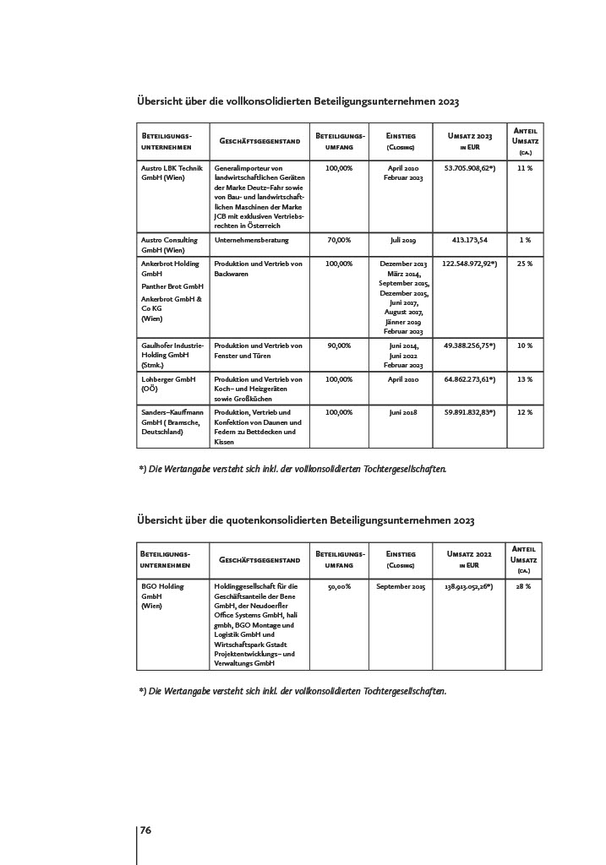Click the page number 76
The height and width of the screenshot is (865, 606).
[x=145, y=830]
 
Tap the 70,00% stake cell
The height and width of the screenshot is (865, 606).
[x=339, y=240]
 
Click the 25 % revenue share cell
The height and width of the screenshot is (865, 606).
[x=525, y=264]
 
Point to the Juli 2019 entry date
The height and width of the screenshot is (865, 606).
[x=403, y=240]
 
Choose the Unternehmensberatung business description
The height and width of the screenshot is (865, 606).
[x=252, y=240]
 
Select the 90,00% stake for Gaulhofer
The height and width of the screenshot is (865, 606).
[x=339, y=345]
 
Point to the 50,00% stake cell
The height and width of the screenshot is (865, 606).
[x=339, y=585]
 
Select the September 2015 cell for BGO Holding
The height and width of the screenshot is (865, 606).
[x=401, y=585]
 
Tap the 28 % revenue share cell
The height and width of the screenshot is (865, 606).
[x=524, y=585]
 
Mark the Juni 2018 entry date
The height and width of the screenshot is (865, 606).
[x=403, y=411]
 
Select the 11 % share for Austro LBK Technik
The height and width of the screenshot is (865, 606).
[x=525, y=168]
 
